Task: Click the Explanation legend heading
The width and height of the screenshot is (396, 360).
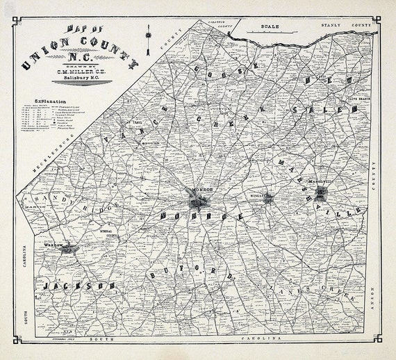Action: click(47, 101)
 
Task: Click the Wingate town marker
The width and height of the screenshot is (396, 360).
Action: click(267, 199)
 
